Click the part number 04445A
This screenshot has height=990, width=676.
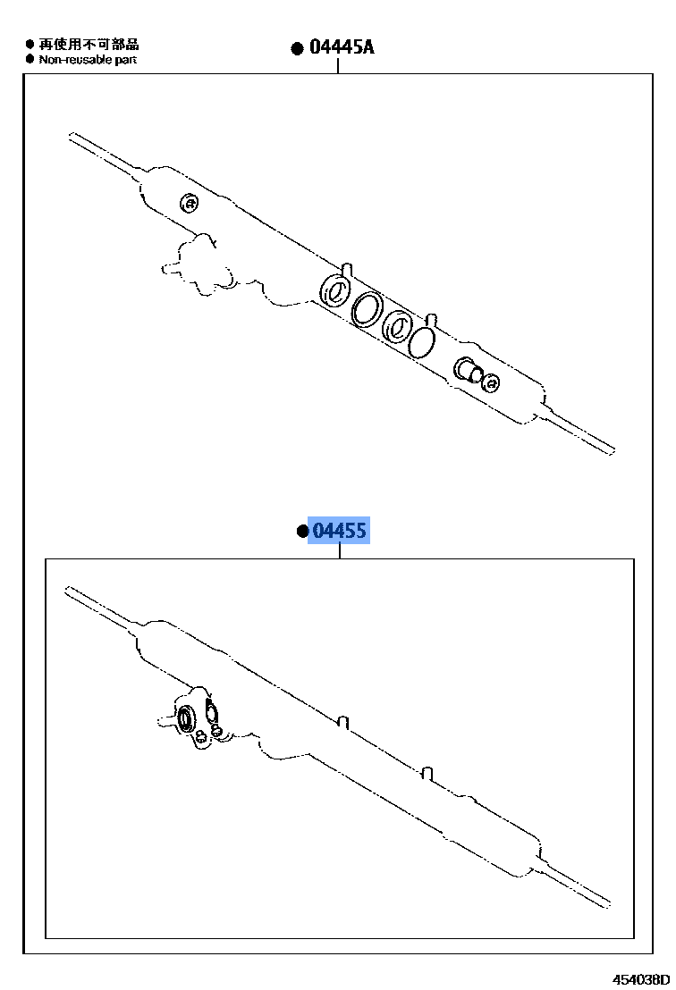(342, 47)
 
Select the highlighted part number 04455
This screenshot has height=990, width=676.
(339, 532)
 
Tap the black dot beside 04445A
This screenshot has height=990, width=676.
(298, 49)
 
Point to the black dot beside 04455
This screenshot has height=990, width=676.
(302, 533)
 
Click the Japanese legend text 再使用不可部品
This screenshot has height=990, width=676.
(89, 44)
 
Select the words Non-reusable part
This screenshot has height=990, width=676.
(88, 60)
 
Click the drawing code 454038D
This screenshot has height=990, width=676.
(640, 978)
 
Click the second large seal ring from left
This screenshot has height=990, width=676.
(367, 309)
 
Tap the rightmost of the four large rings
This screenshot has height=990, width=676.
(422, 340)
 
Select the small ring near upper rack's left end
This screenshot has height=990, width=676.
(189, 204)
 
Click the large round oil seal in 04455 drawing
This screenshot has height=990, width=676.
(188, 717)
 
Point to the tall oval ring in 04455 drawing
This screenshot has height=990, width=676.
(212, 713)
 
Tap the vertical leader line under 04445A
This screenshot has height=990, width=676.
(338, 66)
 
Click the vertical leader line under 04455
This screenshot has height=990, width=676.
(340, 550)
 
